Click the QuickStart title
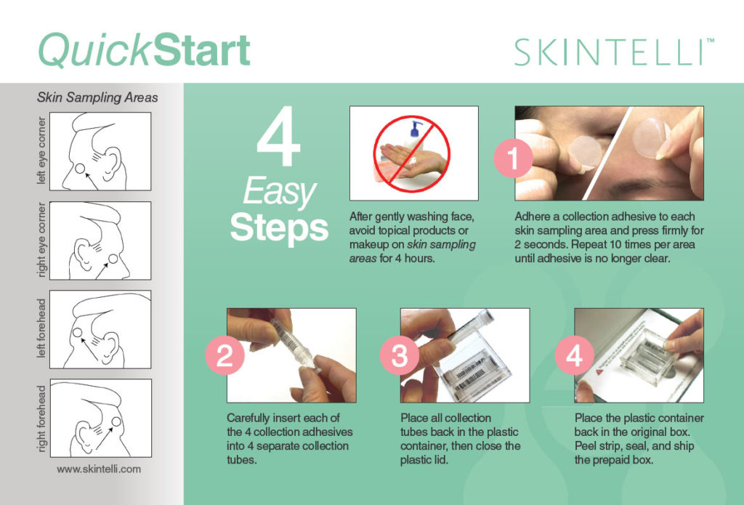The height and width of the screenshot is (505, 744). coord(144,50)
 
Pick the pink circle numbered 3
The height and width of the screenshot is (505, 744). coord(399,357)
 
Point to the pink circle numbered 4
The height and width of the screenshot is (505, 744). coord(574,357)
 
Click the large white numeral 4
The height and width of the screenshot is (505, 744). coord(278,142)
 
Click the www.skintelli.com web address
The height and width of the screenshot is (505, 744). coord(99,469)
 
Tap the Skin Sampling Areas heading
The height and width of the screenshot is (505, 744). coord(97,97)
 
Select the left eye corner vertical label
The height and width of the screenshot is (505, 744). coord(41,150)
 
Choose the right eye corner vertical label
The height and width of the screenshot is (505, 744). coord(41,241)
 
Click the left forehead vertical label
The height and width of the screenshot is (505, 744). coord(41,328)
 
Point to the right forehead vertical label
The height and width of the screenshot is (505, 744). coord(41,418)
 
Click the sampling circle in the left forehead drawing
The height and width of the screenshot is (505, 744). coord(77,333)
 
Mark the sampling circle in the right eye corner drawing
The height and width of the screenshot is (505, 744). coord(113,260)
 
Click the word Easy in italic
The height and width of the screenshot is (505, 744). coord(279,193)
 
